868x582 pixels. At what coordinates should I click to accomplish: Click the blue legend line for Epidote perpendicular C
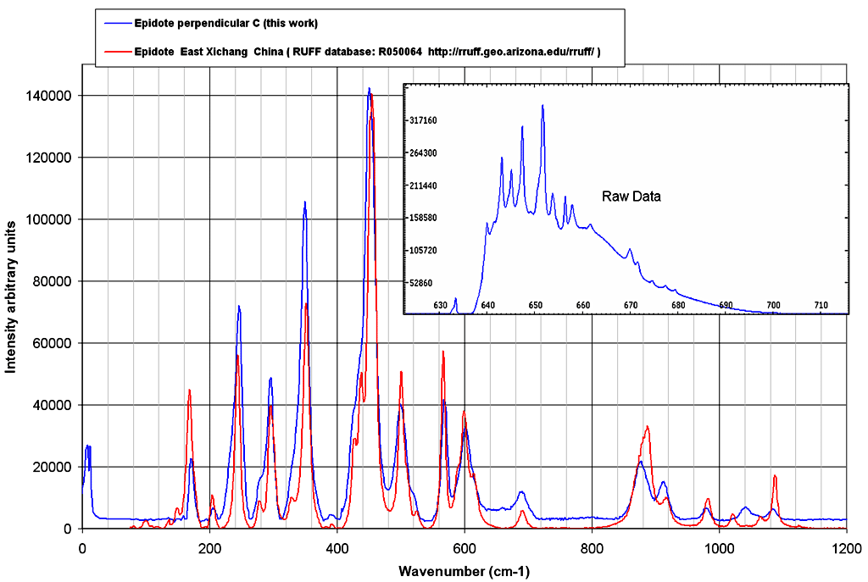point(114,23)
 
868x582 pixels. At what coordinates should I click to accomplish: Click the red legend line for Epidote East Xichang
point(114,52)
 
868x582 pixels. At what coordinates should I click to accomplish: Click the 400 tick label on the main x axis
point(337,546)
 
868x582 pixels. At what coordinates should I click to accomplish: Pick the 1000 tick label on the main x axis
point(719,546)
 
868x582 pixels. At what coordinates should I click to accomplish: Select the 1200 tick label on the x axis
point(846,546)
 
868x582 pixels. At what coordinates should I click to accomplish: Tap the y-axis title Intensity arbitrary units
point(11,297)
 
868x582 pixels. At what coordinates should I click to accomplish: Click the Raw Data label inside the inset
point(632,197)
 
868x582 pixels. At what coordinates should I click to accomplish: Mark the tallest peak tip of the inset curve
point(542,105)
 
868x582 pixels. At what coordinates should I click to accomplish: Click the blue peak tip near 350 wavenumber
point(304,202)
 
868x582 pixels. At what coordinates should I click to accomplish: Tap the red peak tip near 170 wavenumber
point(189,390)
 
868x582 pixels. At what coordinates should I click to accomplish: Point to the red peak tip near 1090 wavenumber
point(775,476)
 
